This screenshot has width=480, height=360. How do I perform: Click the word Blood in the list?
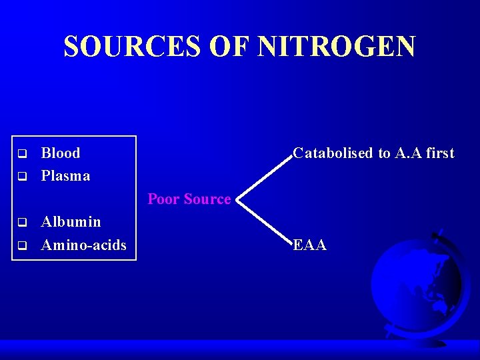[61, 153]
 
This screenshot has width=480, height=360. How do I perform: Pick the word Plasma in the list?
[65, 176]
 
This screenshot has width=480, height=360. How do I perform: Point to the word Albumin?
[71, 222]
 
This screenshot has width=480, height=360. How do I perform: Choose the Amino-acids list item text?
[83, 245]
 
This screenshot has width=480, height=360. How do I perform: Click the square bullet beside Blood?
[22, 154]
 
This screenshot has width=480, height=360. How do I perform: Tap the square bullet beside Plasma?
[22, 177]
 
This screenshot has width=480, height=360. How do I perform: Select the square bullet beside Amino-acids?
[22, 245]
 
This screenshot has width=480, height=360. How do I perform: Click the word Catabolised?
[333, 153]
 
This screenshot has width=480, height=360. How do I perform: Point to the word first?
[440, 153]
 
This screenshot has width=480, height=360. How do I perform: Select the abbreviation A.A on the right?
[409, 153]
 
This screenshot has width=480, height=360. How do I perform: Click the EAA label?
[310, 245]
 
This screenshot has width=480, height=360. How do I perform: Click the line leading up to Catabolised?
[265, 176]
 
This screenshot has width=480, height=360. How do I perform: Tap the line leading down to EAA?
[265, 222]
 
